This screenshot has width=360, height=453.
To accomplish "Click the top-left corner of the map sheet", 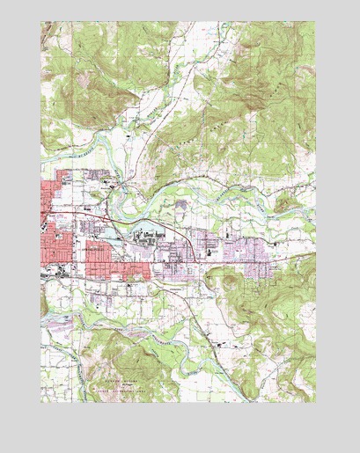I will [x=40, y=22].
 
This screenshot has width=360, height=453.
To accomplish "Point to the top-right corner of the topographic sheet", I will [x=316, y=22].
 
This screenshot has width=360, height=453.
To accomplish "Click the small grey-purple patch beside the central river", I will [x=180, y=204].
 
